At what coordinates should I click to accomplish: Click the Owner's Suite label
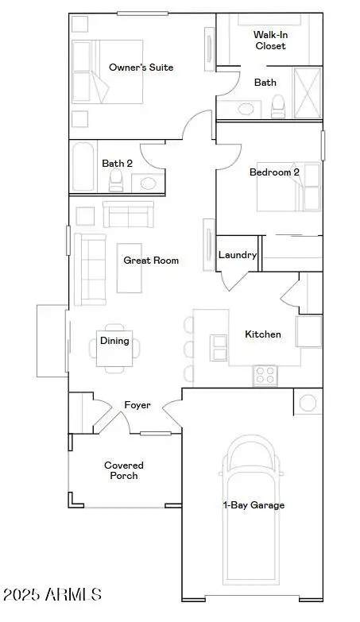(141, 68)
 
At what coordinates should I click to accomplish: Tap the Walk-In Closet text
(269, 41)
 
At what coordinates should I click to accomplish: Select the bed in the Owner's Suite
(106, 71)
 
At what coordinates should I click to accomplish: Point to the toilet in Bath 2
(116, 180)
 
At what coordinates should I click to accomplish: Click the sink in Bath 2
(148, 183)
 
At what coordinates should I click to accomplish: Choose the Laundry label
(238, 255)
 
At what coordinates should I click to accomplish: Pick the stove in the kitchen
(265, 374)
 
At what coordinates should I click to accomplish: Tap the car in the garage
(253, 508)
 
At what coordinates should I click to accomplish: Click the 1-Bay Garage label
(253, 504)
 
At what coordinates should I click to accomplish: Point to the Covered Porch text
(123, 470)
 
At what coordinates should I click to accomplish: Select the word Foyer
(137, 405)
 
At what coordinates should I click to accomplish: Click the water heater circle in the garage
(308, 402)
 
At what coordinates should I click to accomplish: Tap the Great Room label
(151, 260)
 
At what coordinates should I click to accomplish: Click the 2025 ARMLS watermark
(52, 594)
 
